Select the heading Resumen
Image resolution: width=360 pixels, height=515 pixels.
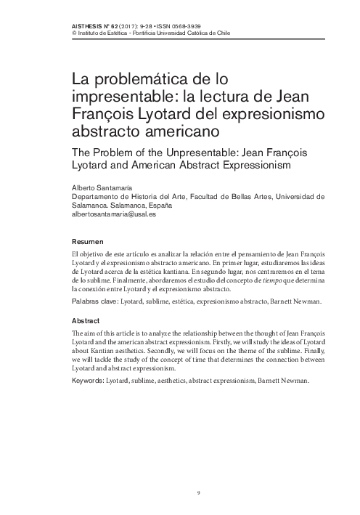point(88,241)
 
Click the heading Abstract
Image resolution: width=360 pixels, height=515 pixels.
point(86,320)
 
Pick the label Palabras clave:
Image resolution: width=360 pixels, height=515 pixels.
point(97,300)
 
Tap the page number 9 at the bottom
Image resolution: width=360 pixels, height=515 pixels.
point(198,493)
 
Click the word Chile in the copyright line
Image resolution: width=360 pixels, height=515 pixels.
point(221,33)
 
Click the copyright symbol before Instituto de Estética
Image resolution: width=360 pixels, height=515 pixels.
point(74,33)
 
